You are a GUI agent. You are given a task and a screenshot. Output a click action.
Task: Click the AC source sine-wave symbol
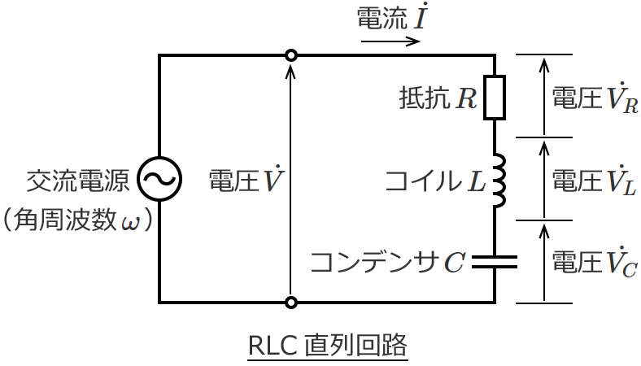(x=159, y=179)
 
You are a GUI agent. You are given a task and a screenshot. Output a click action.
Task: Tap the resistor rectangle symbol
(x=495, y=98)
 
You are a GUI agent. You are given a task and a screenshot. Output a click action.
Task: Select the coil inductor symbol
(x=498, y=178)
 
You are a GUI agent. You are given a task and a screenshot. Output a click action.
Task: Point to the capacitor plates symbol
(x=495, y=262)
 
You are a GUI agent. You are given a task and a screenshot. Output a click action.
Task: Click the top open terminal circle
(x=290, y=55)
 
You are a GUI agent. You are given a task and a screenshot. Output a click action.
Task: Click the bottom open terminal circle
(x=290, y=303)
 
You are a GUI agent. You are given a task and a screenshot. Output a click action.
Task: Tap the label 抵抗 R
(x=438, y=98)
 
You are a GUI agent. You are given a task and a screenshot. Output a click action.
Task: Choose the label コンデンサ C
(x=388, y=262)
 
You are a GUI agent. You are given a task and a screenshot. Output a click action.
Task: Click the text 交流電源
(x=78, y=180)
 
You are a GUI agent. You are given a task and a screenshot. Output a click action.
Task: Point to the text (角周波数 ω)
(x=78, y=220)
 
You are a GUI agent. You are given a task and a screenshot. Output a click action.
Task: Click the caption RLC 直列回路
(x=327, y=345)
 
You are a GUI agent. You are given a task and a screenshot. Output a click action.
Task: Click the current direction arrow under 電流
(x=390, y=40)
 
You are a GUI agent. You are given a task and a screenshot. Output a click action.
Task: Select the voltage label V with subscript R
(x=595, y=98)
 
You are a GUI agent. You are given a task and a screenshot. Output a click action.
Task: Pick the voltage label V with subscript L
(x=595, y=180)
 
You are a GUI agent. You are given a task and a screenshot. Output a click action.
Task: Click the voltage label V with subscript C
(x=595, y=262)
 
